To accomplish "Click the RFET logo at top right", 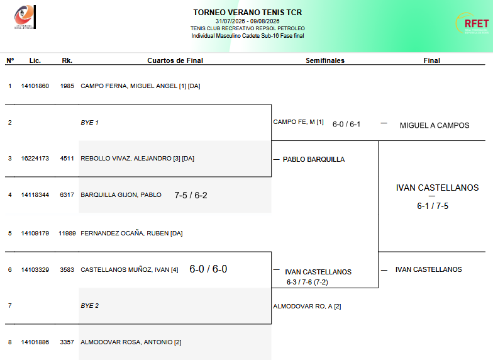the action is point(472,23).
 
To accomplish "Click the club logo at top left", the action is point(25,17).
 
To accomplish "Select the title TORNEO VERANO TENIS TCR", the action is point(248,13).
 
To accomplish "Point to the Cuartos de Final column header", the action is point(175,60).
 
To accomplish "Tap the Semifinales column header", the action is point(325,60).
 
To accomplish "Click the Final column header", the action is point(431,60).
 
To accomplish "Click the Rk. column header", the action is point(67,60).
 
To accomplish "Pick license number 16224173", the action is point(35,159).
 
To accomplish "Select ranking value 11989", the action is point(67,233).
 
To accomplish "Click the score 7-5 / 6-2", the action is point(191,195).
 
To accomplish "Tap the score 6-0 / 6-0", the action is point(208,269).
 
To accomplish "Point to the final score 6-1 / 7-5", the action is point(433,206).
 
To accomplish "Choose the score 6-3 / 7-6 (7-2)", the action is point(307,282).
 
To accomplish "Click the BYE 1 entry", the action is point(89,122).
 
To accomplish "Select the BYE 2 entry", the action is point(89,306).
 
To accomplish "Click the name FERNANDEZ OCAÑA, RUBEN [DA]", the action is point(131,233).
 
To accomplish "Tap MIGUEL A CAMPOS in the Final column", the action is point(435,125).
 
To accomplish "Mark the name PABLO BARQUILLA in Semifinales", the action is point(314,159).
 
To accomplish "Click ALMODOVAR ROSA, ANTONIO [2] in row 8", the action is point(131,342).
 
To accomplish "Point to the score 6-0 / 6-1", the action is point(346,125).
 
